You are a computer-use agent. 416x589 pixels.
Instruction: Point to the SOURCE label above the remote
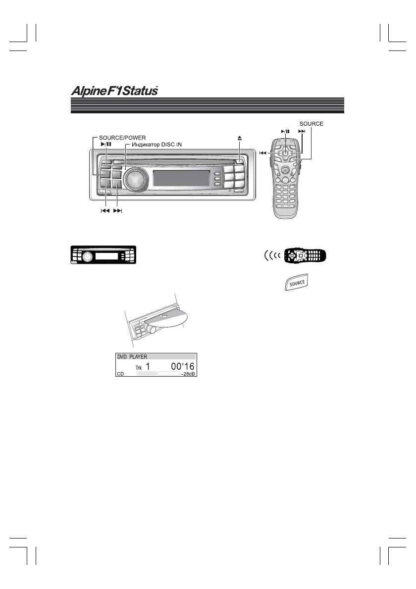(x=311, y=124)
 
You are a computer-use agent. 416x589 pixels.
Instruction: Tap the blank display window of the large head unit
(x=181, y=179)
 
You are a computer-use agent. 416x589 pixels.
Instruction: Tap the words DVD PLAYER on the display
(x=132, y=356)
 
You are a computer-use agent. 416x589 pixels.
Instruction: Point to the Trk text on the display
(x=139, y=368)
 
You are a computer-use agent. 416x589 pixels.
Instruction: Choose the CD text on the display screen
(x=120, y=375)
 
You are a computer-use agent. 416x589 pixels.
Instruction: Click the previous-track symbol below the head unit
(x=104, y=211)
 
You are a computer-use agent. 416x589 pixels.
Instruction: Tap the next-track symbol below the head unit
(x=117, y=211)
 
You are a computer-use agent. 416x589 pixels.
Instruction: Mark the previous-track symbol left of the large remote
(x=263, y=153)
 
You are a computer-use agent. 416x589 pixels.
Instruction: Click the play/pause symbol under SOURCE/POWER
(x=105, y=144)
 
